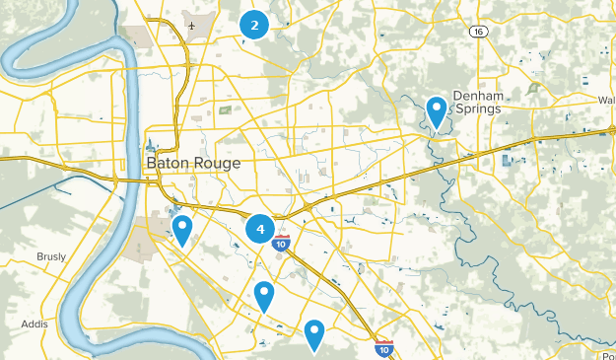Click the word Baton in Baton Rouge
(x=167, y=162)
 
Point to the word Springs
(x=477, y=108)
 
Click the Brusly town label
(x=51, y=256)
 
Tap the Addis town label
(x=36, y=323)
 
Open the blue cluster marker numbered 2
(x=254, y=26)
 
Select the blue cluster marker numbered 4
(x=260, y=230)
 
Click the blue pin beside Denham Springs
(x=437, y=110)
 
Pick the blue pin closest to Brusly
(x=182, y=230)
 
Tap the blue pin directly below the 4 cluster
(x=263, y=295)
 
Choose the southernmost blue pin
(x=314, y=334)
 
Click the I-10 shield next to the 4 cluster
(x=281, y=244)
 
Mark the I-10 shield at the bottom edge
(x=383, y=348)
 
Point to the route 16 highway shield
(x=478, y=32)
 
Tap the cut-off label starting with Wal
(x=606, y=100)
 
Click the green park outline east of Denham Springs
(x=533, y=89)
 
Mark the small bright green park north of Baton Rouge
(x=226, y=109)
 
